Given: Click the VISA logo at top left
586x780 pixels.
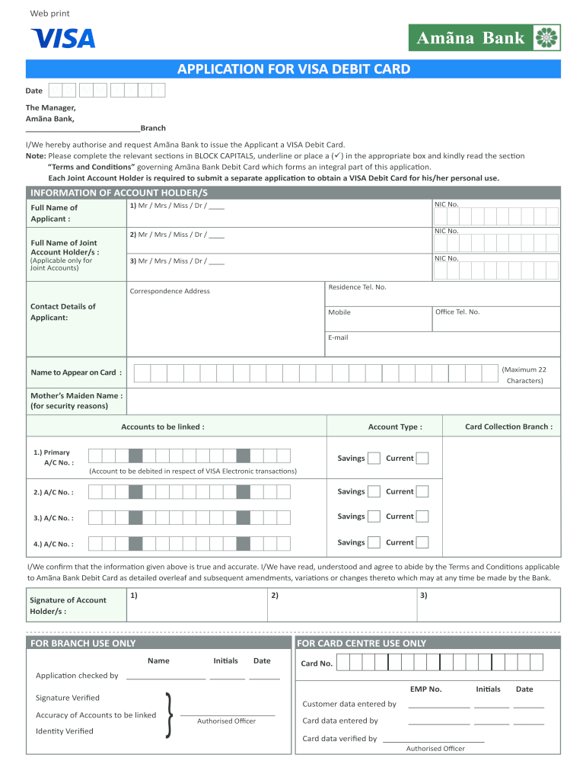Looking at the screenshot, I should point(62,38).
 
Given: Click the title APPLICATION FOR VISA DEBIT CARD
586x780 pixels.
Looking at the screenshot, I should point(294,69).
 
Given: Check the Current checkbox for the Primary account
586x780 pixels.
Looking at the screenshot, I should point(422,459).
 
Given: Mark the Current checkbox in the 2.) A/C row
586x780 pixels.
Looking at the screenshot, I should point(422,491).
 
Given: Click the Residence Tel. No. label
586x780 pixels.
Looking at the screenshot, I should point(357,287).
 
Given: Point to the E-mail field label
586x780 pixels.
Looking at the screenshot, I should point(338,337).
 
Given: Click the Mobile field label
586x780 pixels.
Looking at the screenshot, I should point(339,312).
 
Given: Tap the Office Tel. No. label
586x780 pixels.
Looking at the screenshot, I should point(457,312).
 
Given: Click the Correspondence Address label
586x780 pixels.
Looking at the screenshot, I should point(170,291).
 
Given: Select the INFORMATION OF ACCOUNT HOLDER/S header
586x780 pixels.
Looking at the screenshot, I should point(119,193).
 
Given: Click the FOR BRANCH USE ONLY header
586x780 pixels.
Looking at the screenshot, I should point(83,643).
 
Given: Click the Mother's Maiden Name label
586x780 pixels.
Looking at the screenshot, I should point(76,401).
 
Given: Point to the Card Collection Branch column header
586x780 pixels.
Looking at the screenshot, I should point(508,427).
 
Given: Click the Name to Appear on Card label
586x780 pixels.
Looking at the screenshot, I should point(75,372).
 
